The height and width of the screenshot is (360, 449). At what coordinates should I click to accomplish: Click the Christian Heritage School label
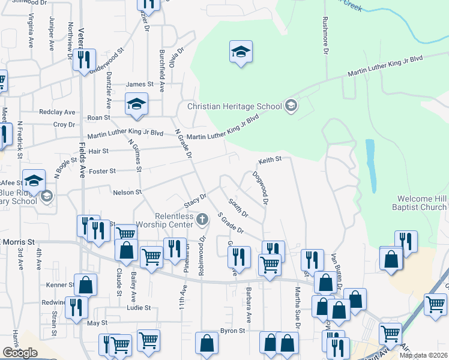coord(234,107)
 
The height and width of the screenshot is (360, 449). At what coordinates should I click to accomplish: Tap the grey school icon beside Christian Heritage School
coord(291,106)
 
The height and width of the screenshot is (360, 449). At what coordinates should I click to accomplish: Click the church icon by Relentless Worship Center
coord(202,221)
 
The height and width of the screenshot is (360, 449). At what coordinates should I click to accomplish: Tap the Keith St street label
coord(270,160)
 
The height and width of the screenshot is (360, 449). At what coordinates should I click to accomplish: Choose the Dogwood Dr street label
coord(259,187)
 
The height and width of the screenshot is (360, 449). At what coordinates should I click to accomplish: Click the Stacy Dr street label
coord(195,200)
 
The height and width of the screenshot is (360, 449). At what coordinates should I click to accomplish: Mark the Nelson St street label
coord(127,193)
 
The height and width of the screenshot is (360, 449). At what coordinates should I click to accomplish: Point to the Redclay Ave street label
coord(57,112)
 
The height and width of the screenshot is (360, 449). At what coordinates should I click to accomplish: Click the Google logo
coord(20,353)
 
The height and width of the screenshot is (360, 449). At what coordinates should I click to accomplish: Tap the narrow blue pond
coord(370,163)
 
